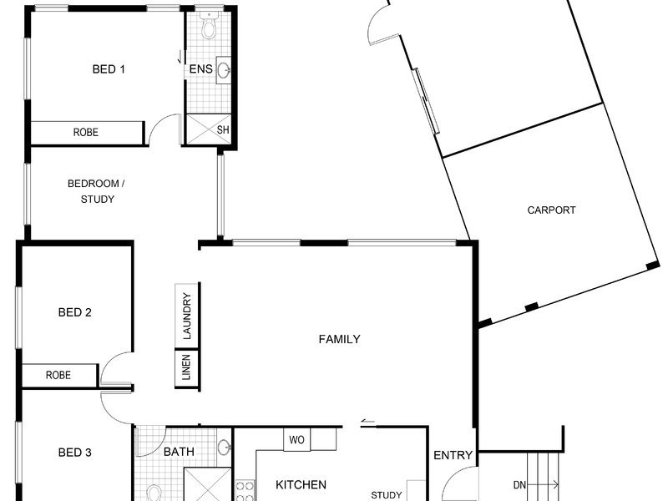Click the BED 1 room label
point(109,69)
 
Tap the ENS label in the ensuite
point(200,69)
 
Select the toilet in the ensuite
point(209,26)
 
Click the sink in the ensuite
point(224,69)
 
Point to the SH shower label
point(223,129)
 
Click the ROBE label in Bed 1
point(86,133)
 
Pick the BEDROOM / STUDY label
point(96,191)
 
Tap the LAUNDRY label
point(187,316)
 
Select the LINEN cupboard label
point(186,367)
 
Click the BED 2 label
point(74,312)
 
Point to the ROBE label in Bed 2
point(58,375)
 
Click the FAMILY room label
point(340,339)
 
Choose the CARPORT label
point(551,210)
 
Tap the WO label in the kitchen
point(296,440)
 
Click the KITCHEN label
point(301,484)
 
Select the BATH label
point(179,452)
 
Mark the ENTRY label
point(453,455)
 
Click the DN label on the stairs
point(519,485)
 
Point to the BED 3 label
point(74,453)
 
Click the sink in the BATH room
point(224,448)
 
